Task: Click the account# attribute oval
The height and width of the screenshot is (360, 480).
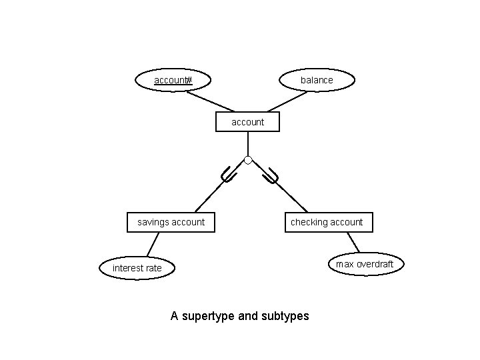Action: pos(173,81)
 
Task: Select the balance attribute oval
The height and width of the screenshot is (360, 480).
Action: pos(317,80)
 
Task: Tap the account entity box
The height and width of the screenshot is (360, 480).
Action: pos(247,122)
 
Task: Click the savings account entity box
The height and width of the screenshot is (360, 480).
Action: pos(171,222)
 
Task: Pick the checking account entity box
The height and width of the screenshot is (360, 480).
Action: pos(327,222)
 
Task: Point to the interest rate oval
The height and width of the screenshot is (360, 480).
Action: pos(137,268)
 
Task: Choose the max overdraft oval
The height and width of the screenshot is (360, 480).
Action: pos(365,264)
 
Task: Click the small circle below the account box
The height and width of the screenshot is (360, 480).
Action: pos(248,160)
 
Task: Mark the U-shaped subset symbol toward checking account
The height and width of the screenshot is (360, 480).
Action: pos(270,177)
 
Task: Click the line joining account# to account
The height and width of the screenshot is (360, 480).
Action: pos(209,101)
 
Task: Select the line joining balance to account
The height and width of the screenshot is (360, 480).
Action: pos(287,101)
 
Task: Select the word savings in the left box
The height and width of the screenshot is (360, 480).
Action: pos(153,222)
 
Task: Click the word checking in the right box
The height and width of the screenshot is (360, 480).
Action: pos(308,222)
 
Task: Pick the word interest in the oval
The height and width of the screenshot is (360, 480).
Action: pos(127,268)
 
